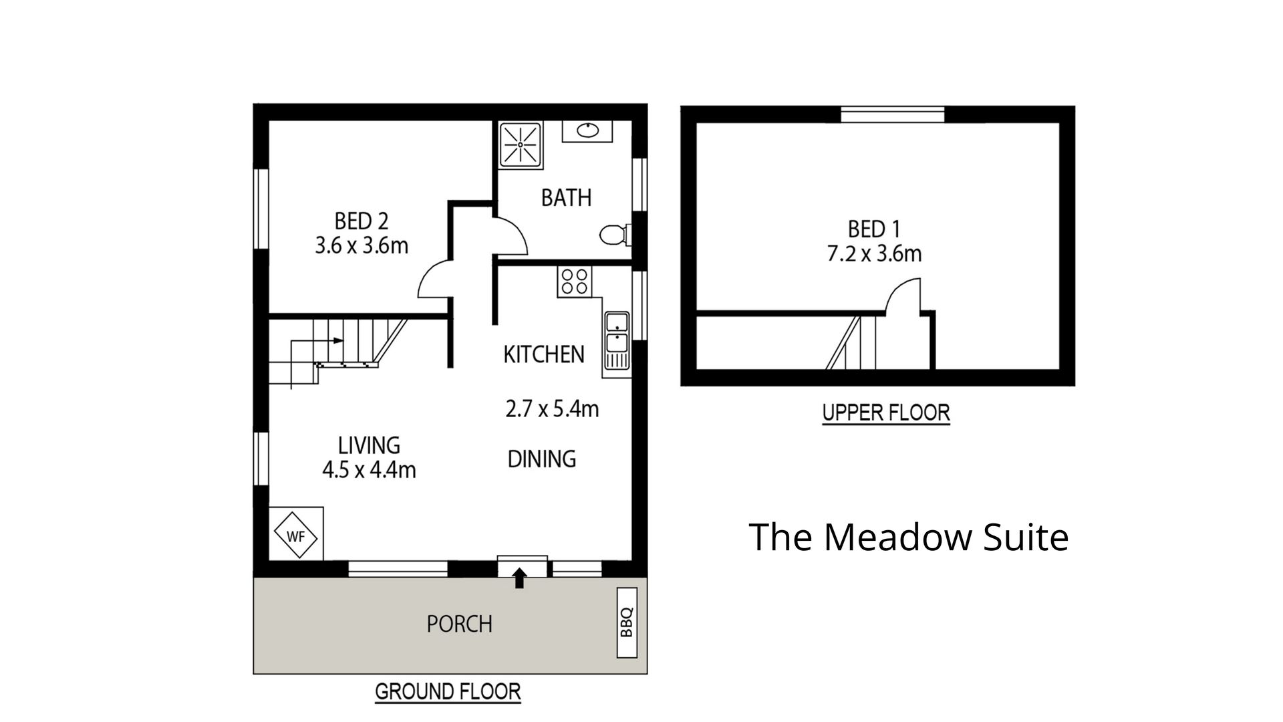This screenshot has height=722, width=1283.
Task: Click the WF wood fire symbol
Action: click(295, 535)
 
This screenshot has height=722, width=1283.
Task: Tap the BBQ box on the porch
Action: click(627, 622)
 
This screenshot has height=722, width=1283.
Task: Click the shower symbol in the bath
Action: click(521, 144)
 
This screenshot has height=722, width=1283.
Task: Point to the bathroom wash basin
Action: click(587, 131)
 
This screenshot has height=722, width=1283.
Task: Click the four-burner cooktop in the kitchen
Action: click(574, 281)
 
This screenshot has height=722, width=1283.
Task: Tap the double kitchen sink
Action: click(616, 342)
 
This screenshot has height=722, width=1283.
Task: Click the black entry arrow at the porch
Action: click(519, 578)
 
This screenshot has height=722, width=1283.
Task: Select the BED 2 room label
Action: click(362, 221)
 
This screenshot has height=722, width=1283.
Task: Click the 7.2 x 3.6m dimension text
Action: click(875, 254)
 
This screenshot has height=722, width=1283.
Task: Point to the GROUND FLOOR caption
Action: click(448, 692)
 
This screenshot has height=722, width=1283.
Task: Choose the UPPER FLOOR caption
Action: click(886, 413)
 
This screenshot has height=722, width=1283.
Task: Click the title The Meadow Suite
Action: click(909, 537)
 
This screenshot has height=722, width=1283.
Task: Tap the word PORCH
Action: click(460, 624)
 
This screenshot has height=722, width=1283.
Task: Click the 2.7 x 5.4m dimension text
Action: click(552, 408)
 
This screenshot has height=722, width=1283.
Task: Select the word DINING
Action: click(542, 459)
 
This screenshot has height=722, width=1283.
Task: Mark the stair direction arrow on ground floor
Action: click(317, 341)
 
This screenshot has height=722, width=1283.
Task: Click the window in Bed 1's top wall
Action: click(893, 114)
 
